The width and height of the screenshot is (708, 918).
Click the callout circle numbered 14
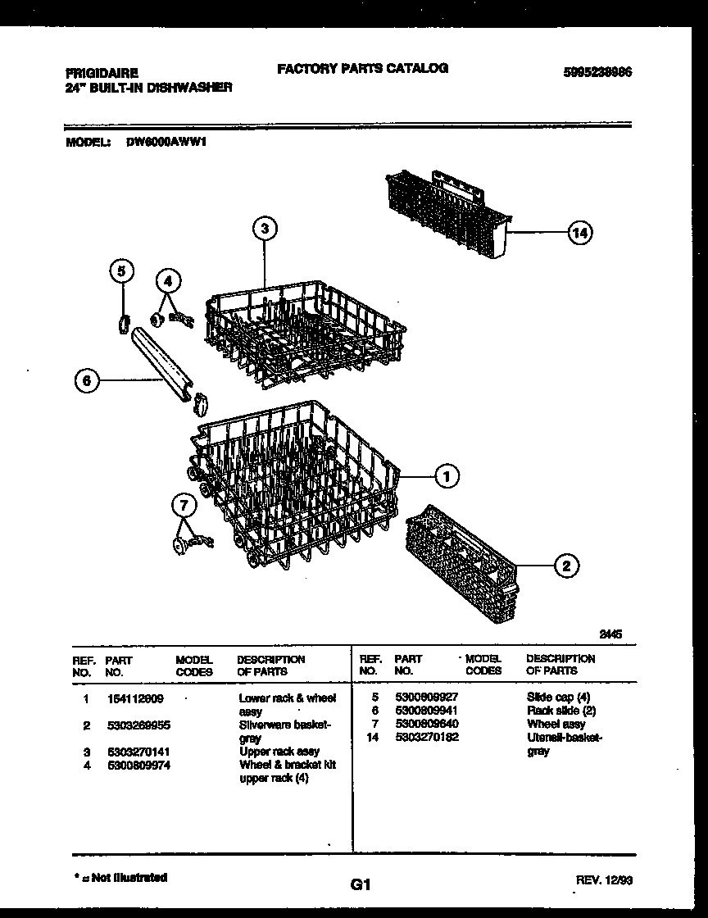(579, 234)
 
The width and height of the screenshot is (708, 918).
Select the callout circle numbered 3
(264, 229)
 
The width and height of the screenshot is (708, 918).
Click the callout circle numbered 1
(446, 475)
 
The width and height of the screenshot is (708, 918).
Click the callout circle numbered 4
(168, 281)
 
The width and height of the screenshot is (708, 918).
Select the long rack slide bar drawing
(163, 364)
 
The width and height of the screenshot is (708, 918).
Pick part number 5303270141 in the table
(138, 752)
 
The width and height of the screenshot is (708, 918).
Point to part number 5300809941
(426, 711)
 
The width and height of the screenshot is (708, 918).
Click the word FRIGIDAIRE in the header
(102, 72)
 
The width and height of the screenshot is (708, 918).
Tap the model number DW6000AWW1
(166, 141)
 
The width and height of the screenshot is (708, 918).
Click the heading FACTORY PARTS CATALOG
(362, 69)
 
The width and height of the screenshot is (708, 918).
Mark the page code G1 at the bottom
(361, 884)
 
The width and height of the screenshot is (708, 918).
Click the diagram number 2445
(610, 633)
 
